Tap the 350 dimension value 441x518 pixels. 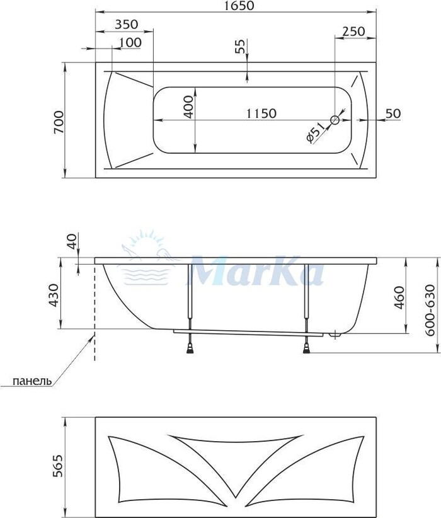[x=127, y=25]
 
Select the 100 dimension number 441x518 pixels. [x=130, y=42]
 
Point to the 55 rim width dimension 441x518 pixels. [x=241, y=46]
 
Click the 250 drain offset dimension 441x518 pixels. [x=354, y=32]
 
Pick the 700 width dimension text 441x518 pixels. [x=59, y=122]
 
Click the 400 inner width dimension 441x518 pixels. [x=188, y=106]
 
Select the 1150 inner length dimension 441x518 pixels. [x=261, y=113]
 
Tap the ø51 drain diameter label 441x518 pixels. [x=316, y=132]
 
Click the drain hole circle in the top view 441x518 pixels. [x=335, y=120]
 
